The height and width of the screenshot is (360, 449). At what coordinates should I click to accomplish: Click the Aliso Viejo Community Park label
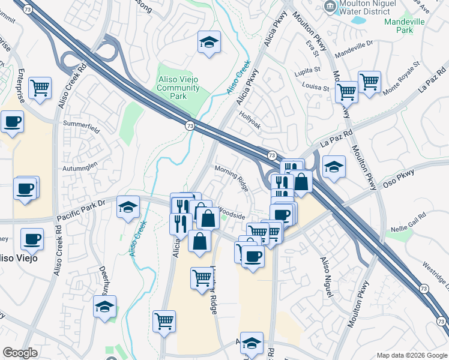[x=178, y=88]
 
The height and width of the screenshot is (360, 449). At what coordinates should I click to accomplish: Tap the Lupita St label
[x=307, y=70]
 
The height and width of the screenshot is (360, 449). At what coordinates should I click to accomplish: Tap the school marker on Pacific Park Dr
[x=128, y=207]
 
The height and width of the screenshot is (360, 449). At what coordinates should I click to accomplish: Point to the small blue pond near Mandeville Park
[x=358, y=20]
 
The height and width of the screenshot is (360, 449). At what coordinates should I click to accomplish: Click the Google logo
[x=20, y=353]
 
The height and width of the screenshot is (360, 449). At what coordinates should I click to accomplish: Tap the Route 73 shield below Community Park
[x=190, y=125]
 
